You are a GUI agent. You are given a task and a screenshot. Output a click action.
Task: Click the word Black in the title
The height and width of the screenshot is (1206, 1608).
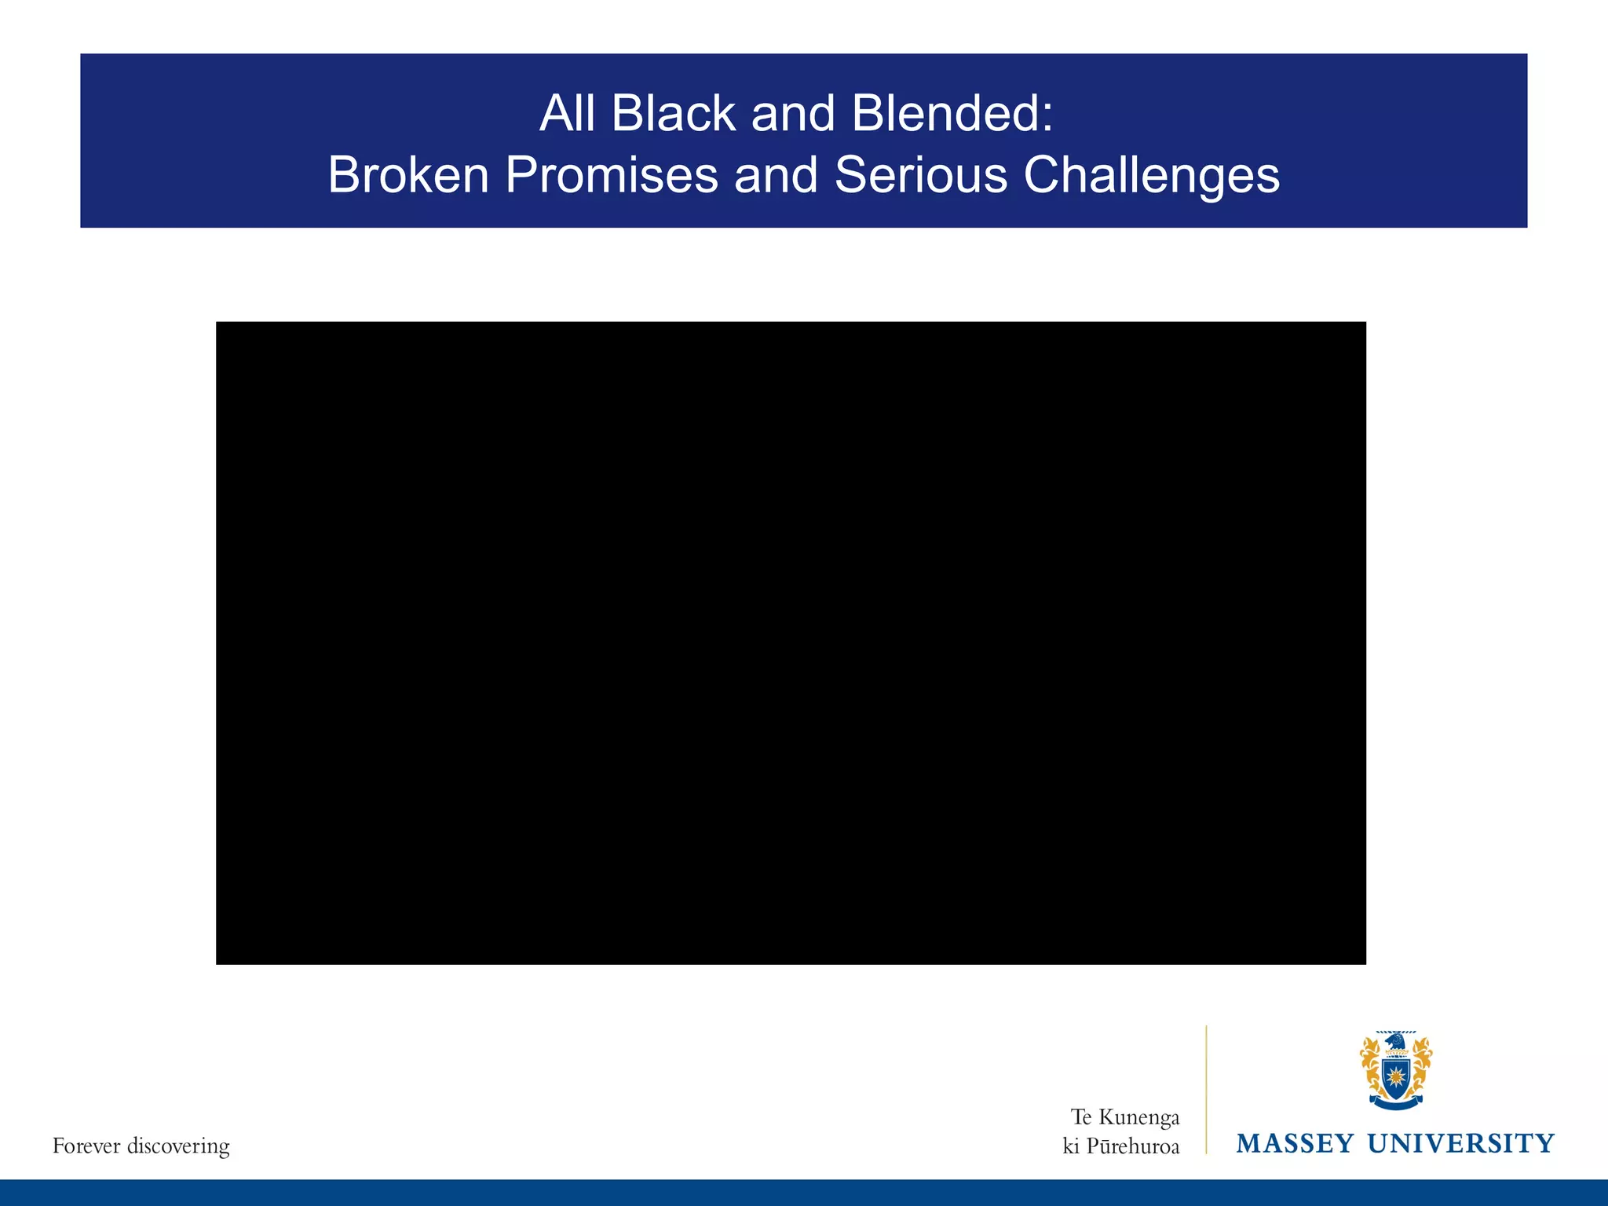pyautogui.click(x=673, y=113)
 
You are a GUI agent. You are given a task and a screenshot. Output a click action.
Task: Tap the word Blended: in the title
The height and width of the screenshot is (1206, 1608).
pyautogui.click(x=952, y=113)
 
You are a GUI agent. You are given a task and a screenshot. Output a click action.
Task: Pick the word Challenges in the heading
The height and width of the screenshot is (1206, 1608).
pyautogui.click(x=1152, y=176)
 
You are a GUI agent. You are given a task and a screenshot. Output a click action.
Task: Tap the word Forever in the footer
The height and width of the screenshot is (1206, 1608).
pyautogui.click(x=86, y=1146)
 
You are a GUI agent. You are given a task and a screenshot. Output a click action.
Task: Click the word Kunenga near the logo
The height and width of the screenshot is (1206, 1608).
pyautogui.click(x=1138, y=1117)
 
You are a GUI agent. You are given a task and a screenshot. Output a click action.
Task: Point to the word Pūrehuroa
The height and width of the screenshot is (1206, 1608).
pyautogui.click(x=1132, y=1146)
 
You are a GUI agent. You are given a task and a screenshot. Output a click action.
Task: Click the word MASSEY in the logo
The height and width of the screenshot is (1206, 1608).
pyautogui.click(x=1295, y=1143)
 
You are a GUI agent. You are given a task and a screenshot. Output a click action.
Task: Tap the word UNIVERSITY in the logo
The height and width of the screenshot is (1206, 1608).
pyautogui.click(x=1460, y=1143)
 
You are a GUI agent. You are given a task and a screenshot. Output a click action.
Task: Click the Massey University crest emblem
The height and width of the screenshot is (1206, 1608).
pyautogui.click(x=1395, y=1071)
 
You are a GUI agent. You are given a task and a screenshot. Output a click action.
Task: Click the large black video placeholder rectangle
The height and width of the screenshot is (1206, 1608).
pyautogui.click(x=791, y=642)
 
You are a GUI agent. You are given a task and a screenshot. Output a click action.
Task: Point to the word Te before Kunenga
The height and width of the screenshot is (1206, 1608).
pyautogui.click(x=1081, y=1117)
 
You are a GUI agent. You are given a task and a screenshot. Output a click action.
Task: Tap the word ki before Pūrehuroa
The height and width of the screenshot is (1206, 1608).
pyautogui.click(x=1071, y=1146)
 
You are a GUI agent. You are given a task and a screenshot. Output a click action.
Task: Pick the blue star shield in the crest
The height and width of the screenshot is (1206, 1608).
pyautogui.click(x=1395, y=1076)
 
